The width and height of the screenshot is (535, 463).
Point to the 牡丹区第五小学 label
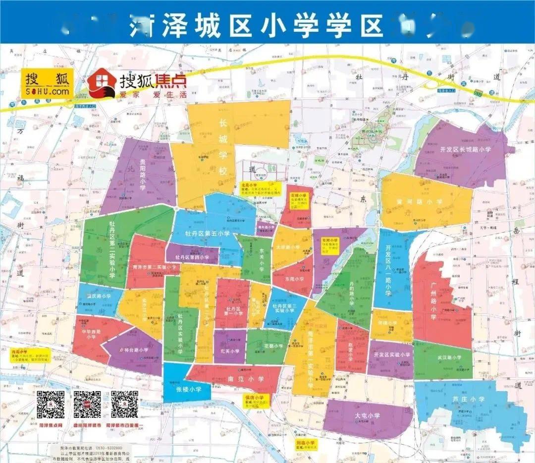207,233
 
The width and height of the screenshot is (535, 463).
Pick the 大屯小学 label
367,415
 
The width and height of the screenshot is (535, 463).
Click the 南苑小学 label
246,379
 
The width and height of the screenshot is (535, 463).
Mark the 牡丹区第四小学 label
193,257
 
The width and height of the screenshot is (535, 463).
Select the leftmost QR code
52,405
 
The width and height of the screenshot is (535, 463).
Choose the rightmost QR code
124,405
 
